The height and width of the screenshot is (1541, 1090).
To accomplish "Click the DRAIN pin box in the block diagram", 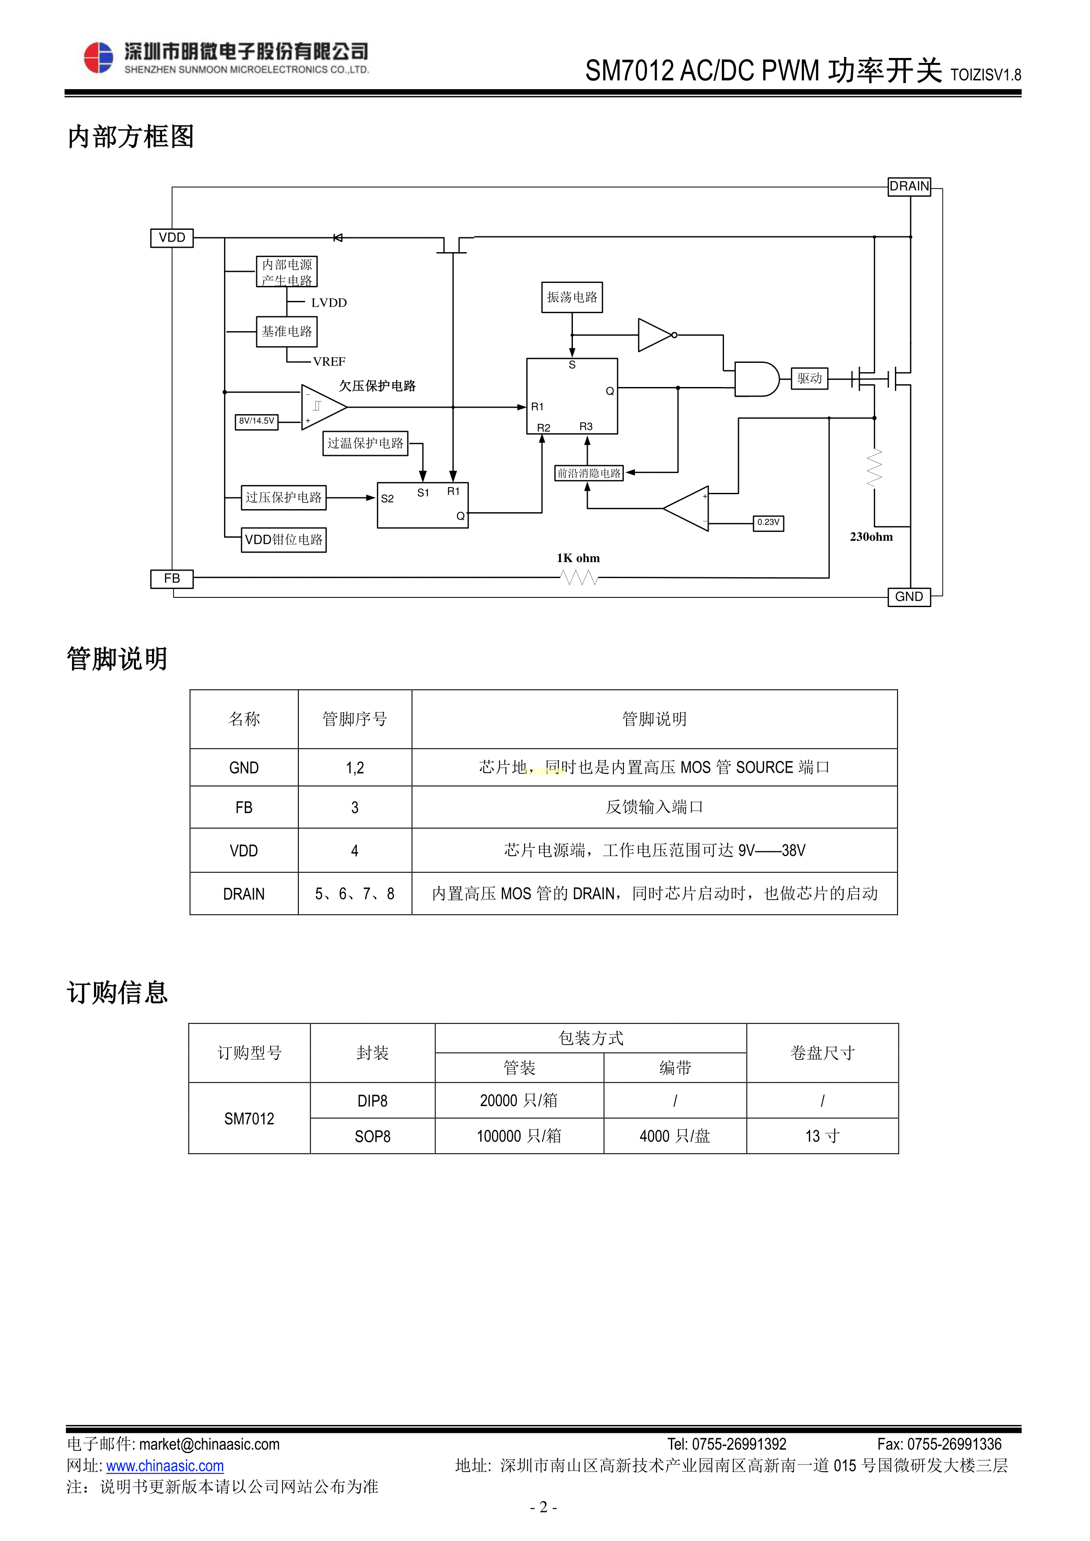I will click(x=909, y=186).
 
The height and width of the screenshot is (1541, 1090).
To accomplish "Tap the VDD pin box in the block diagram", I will click(x=172, y=238).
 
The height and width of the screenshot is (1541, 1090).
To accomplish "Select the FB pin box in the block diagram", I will click(x=172, y=579).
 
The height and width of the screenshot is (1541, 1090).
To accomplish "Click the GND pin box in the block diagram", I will click(x=909, y=597).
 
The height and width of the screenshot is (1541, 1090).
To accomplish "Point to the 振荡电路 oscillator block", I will click(x=572, y=297).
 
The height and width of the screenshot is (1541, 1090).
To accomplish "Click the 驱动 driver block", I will click(x=809, y=379).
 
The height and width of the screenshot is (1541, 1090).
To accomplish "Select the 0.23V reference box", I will click(x=768, y=522).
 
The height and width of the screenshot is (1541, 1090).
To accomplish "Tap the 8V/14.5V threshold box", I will click(x=257, y=421).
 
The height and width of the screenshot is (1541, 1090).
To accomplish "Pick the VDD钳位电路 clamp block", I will click(x=283, y=539).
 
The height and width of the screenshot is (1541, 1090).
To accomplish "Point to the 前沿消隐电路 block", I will click(x=589, y=473).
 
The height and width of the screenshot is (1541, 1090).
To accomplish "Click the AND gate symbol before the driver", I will click(x=756, y=379).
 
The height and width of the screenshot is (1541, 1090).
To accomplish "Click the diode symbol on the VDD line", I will click(x=337, y=238).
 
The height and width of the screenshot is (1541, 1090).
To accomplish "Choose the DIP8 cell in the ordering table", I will click(x=373, y=1101).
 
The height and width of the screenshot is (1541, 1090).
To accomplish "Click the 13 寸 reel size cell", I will click(x=822, y=1136).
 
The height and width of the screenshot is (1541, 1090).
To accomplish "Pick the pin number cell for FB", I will click(x=355, y=807).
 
